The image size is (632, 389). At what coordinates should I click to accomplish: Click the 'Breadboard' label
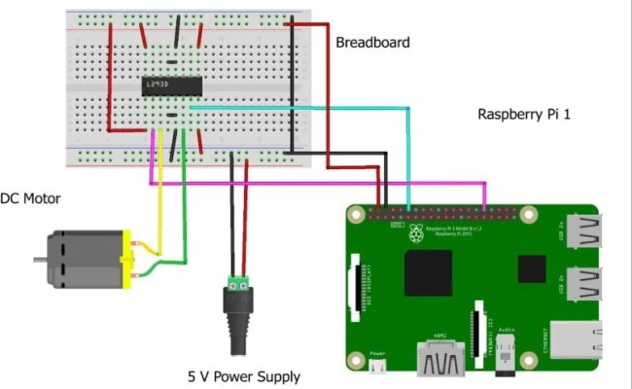click(372, 42)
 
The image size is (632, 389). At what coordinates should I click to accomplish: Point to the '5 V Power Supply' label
click(244, 376)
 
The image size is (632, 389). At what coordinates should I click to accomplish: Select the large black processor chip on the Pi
click(428, 272)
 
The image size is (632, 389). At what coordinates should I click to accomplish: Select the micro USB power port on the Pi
click(380, 368)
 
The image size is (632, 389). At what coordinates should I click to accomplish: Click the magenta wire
click(321, 182)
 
